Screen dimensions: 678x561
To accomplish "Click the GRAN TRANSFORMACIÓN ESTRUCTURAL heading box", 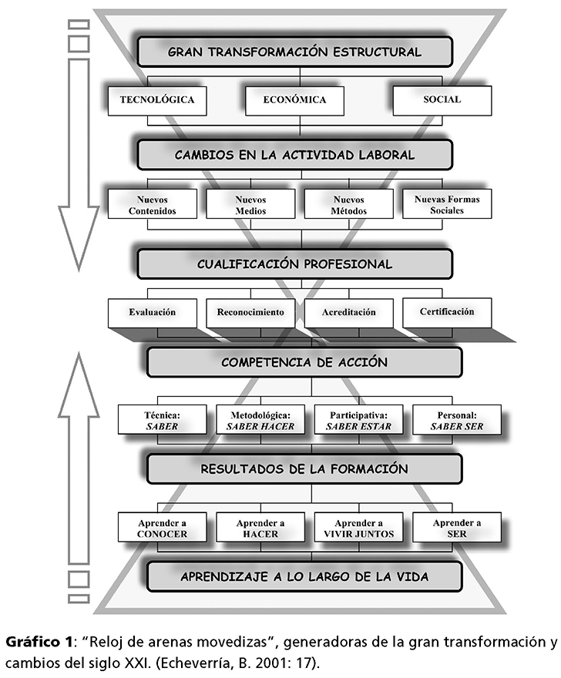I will tap(294, 52).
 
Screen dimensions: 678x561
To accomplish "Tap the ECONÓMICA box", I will tap(294, 100).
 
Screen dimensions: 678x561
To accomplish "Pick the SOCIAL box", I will tap(442, 100).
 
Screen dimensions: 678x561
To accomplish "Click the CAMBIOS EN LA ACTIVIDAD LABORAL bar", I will tap(294, 154).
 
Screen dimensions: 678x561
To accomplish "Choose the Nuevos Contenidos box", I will tap(152, 204).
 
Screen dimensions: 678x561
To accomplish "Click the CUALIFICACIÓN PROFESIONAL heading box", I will tap(294, 263).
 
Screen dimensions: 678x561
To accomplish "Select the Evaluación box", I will tap(152, 313).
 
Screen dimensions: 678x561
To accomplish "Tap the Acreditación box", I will tap(349, 313).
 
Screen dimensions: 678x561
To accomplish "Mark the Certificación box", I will tap(447, 313).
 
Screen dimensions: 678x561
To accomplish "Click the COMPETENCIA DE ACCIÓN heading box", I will tap(304, 362).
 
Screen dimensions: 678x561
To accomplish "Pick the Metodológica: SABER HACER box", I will tap(260, 419).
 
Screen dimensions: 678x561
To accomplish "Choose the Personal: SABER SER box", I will tap(456, 419).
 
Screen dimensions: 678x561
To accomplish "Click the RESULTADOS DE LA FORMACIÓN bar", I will tap(304, 468).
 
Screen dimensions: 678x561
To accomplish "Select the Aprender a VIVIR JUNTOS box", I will tap(358, 528).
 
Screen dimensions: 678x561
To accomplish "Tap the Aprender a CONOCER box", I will tap(162, 528).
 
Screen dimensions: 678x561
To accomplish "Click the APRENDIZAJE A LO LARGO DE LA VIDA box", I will tap(304, 576).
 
